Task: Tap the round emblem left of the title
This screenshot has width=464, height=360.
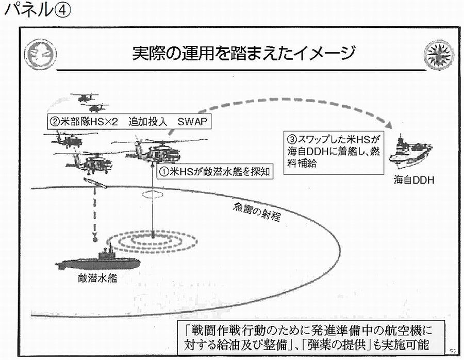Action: (40, 53)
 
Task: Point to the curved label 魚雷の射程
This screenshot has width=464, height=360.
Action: (256, 210)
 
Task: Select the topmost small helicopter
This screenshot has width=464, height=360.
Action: (84, 97)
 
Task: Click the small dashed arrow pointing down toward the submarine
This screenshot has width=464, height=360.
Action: (94, 227)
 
